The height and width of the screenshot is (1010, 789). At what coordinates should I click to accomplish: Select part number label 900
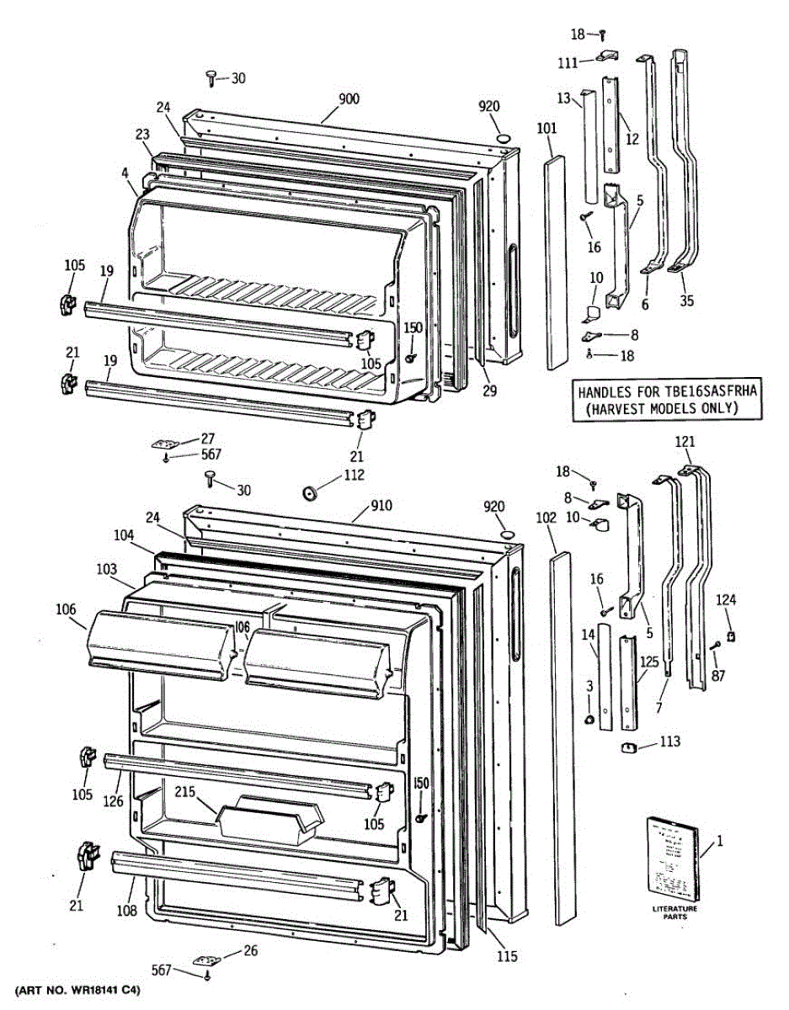pyautogui.click(x=349, y=98)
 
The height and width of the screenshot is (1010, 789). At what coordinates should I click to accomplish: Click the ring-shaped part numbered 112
pyautogui.click(x=310, y=491)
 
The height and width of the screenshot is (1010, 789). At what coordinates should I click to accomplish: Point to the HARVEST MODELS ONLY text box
pyautogui.click(x=668, y=400)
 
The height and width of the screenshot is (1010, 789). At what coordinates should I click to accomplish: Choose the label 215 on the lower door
pyautogui.click(x=185, y=792)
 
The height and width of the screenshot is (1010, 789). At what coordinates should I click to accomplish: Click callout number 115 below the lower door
pyautogui.click(x=507, y=956)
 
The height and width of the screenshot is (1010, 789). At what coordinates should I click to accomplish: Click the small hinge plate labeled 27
pyautogui.click(x=167, y=444)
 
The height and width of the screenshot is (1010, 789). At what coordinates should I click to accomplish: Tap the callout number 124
pyautogui.click(x=726, y=600)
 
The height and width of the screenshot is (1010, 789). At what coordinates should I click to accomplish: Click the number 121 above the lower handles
pyautogui.click(x=685, y=441)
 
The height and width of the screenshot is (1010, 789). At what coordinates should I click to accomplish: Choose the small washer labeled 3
pyautogui.click(x=589, y=720)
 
